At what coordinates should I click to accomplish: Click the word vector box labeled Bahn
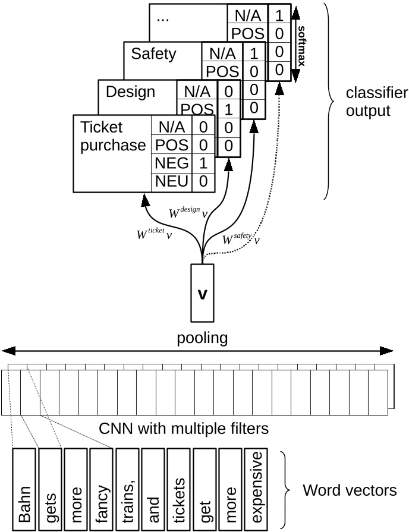(x=24, y=489)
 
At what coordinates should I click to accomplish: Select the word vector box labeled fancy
(x=102, y=489)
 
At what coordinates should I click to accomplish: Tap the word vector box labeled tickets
(x=179, y=489)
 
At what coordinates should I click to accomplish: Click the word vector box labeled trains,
(x=127, y=489)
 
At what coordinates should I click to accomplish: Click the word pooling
(x=202, y=338)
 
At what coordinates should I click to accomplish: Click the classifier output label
(x=377, y=102)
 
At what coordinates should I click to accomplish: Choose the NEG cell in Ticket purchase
(x=172, y=163)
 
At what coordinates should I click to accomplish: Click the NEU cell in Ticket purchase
(x=172, y=181)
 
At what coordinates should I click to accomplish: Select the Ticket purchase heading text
(x=112, y=136)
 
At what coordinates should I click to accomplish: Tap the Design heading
(x=130, y=92)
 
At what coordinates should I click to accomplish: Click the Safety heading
(x=154, y=53)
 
